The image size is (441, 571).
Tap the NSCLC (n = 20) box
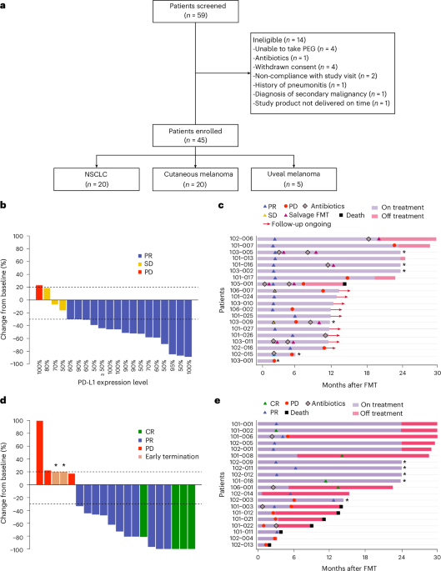tap(86, 179)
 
